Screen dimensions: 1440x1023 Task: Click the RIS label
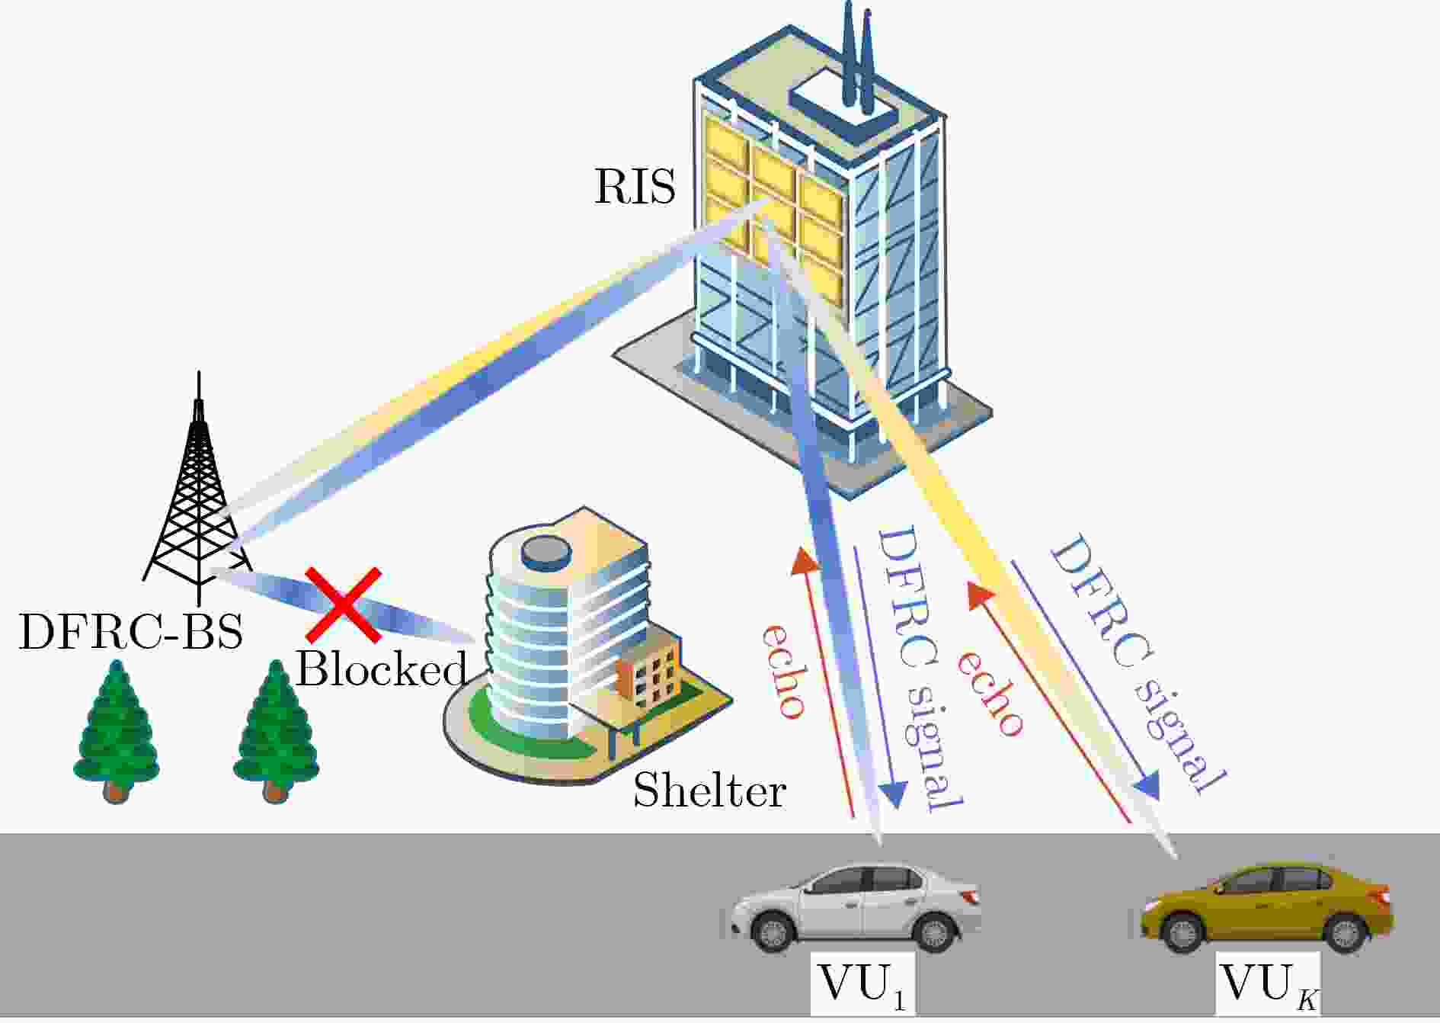[x=635, y=187]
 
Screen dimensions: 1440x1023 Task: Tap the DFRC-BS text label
[x=131, y=631]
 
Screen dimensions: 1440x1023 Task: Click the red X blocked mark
[x=343, y=604]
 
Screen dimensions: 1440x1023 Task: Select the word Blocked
[x=381, y=669]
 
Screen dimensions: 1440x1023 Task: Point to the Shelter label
[x=709, y=790]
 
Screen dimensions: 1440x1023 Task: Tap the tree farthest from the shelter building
[x=116, y=732]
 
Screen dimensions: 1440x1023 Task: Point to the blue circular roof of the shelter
[x=545, y=550]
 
